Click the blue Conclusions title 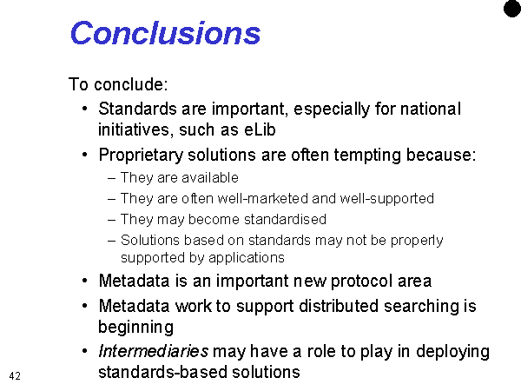[x=165, y=33]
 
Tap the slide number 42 [x=15, y=376]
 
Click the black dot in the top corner [x=512, y=9]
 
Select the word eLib [x=260, y=129]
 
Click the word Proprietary [x=141, y=156]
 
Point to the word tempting [x=367, y=156]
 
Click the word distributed [x=339, y=306]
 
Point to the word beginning [x=136, y=328]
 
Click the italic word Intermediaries [x=154, y=351]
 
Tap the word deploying [x=452, y=352]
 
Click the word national [x=431, y=109]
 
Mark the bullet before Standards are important [x=85, y=109]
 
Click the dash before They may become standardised [x=112, y=220]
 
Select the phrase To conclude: [x=118, y=84]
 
